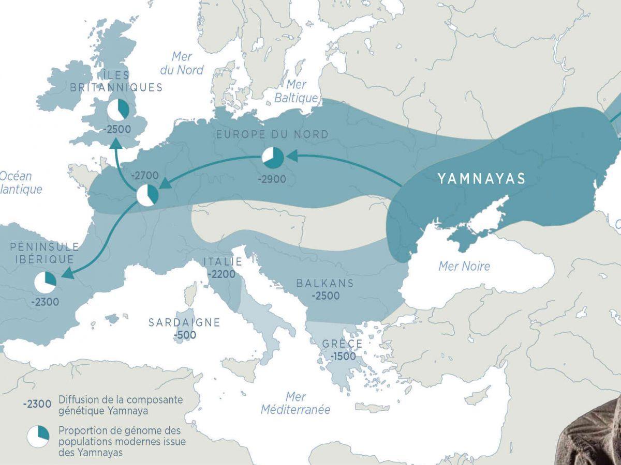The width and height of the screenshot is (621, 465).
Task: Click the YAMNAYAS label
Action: coord(481,179)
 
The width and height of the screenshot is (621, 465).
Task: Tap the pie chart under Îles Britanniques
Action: coord(118,109)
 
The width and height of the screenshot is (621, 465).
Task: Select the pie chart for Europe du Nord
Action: coord(273,158)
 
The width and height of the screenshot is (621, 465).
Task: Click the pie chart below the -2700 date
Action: coord(147,195)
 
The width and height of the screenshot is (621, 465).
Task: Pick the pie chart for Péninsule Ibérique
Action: coord(45,282)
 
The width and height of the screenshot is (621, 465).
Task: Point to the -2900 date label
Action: coord(272,179)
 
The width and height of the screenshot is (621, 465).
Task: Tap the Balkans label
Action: coord(325,283)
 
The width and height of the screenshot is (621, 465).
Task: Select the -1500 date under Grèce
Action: coord(342,357)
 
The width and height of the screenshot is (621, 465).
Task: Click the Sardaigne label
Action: coord(184,322)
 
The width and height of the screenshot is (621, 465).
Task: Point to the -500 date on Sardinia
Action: coord(185,335)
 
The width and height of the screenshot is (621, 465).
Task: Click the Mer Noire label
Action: coord(464,267)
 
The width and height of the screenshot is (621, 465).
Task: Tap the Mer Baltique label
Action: coord(296,91)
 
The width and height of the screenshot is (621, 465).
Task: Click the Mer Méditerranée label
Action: coord(295,404)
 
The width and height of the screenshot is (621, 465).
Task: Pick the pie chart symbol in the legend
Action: coord(38,436)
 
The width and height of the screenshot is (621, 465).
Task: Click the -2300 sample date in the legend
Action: coord(37,405)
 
